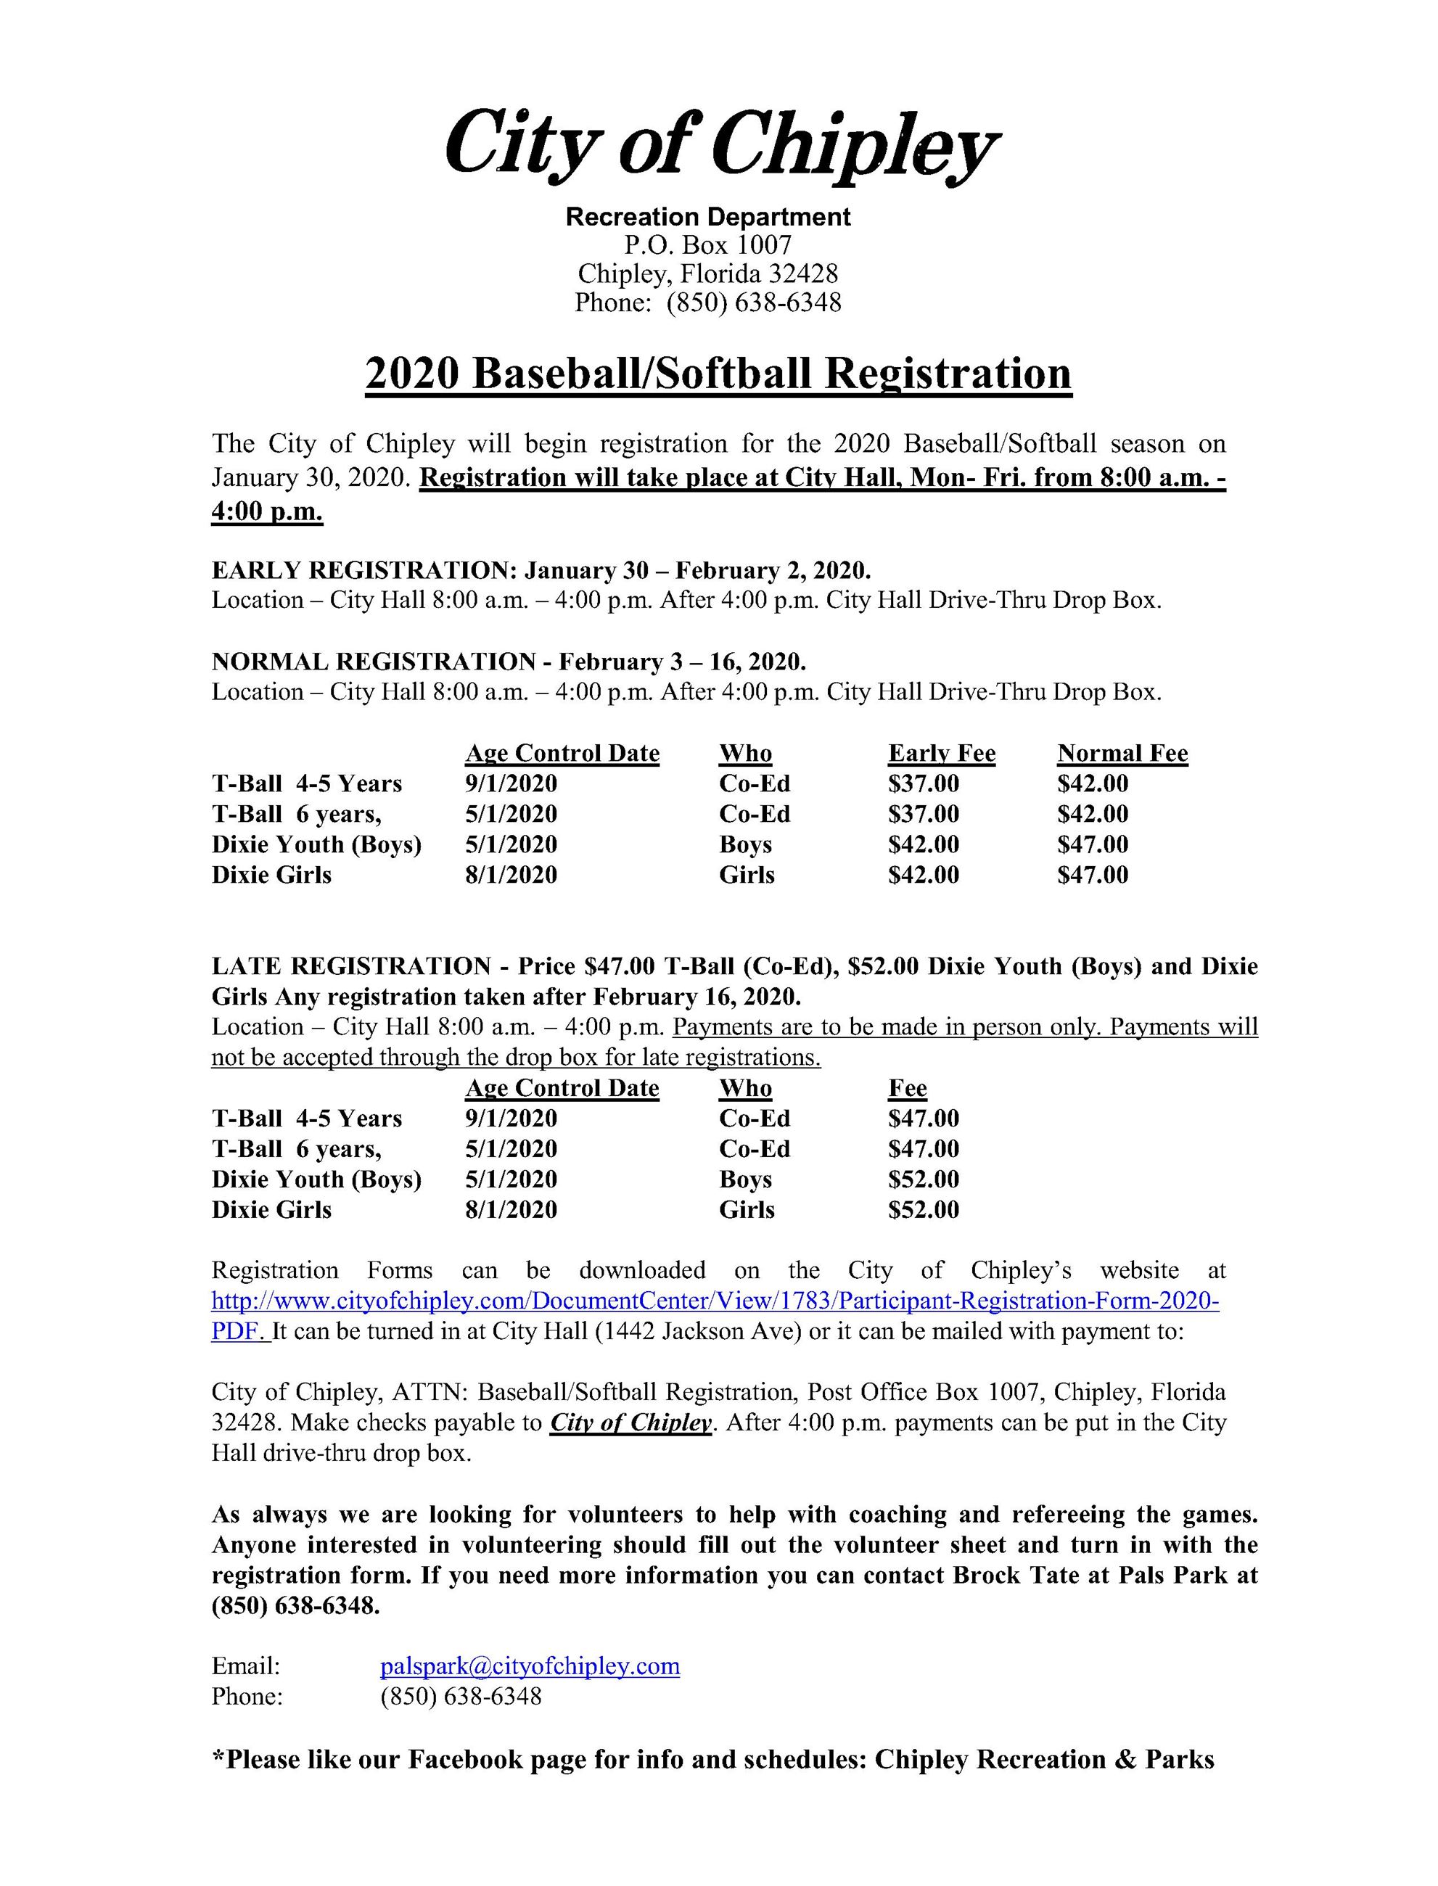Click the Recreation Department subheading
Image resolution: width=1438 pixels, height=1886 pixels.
coord(708,216)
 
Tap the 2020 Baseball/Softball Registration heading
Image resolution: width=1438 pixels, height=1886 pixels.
coord(718,374)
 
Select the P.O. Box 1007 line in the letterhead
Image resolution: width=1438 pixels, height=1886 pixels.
coord(708,246)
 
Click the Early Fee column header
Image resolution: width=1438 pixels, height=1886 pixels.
coord(942,753)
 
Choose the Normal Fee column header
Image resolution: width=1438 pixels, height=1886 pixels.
coord(1122,753)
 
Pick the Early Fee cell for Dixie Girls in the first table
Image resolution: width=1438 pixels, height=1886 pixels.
coord(924,875)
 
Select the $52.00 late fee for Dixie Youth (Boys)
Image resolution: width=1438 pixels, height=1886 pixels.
coord(924,1179)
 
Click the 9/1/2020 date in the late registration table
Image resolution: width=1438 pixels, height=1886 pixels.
coord(511,1119)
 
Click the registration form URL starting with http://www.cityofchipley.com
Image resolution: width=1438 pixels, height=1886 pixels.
coord(715,1301)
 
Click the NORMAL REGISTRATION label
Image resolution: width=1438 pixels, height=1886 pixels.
coord(373,662)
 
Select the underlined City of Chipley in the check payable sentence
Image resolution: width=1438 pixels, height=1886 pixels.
coord(630,1423)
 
